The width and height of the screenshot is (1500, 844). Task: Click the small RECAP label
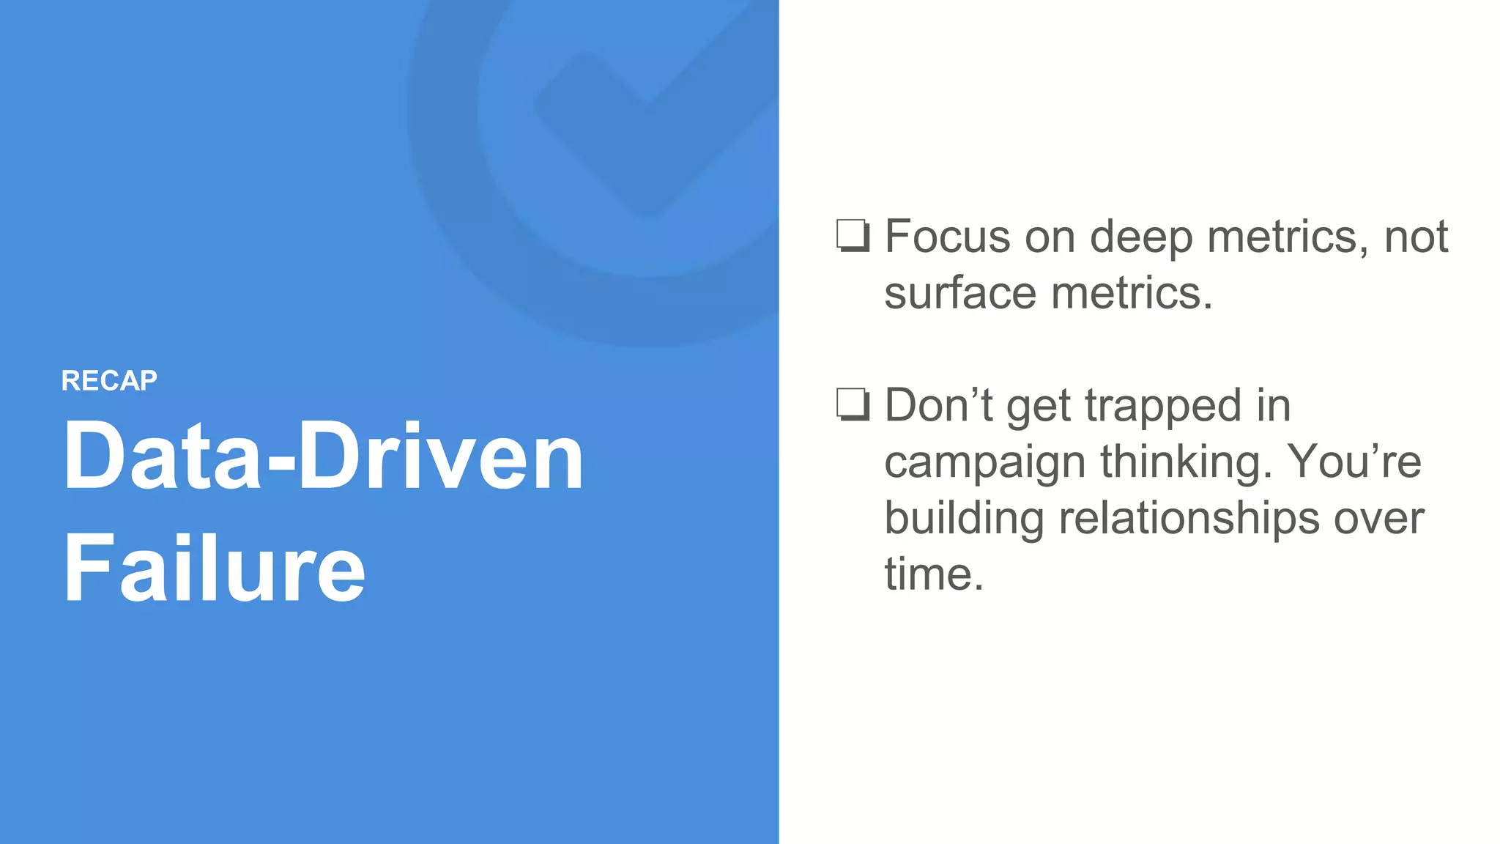click(x=109, y=381)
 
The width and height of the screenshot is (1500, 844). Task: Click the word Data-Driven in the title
click(x=323, y=457)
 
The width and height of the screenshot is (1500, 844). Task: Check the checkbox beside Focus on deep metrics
click(x=853, y=236)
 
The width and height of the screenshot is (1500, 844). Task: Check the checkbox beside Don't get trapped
click(x=853, y=404)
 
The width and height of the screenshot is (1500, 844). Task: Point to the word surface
click(x=960, y=293)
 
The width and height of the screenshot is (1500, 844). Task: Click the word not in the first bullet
click(x=1415, y=237)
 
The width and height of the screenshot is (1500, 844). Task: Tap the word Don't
click(x=938, y=405)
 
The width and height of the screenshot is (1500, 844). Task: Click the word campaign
click(x=984, y=463)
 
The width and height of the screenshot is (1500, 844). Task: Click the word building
click(x=963, y=519)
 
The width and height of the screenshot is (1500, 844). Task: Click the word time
click(x=932, y=574)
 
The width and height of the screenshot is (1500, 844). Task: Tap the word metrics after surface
click(x=1131, y=293)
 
